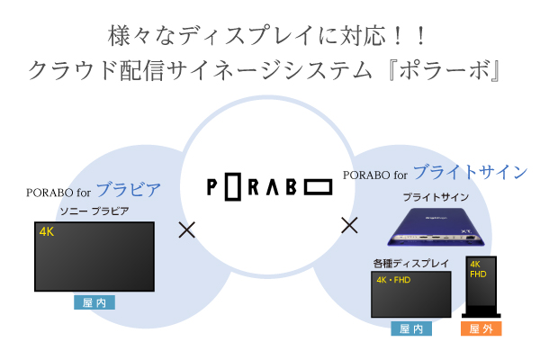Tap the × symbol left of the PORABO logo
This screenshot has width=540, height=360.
[187, 229]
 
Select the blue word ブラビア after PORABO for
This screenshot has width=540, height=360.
[128, 190]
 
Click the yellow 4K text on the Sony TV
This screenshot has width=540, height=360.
[47, 231]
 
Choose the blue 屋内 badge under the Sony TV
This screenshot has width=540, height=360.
[94, 303]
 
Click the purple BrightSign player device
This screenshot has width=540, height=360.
[434, 225]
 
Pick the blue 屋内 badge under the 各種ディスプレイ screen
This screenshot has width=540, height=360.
[410, 329]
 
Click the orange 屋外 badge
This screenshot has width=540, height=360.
[481, 329]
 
